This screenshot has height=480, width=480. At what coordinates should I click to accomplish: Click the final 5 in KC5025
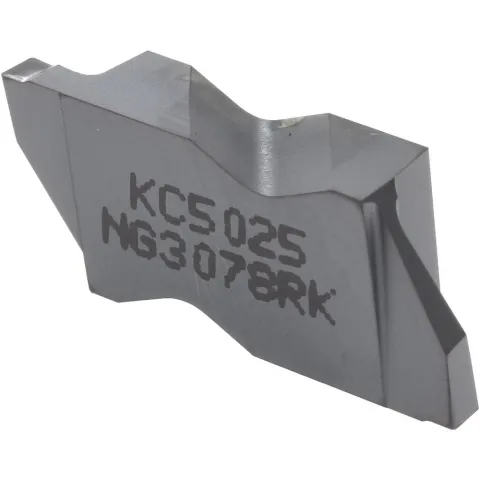[290, 249]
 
